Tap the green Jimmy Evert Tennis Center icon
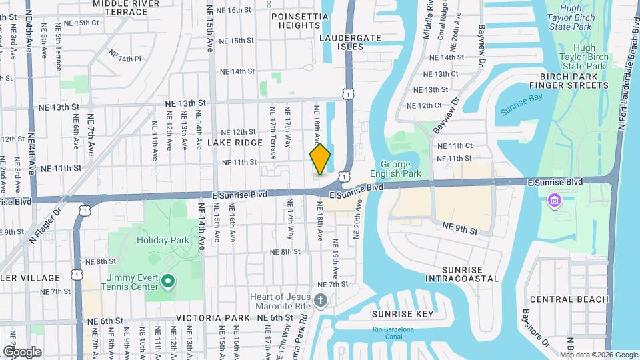coord(168,281)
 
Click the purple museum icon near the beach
coord(554,199)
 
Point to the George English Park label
coord(401,169)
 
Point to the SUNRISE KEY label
coord(402,313)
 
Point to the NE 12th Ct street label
coord(425,105)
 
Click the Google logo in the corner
coord(22,351)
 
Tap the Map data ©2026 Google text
coord(598,355)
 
